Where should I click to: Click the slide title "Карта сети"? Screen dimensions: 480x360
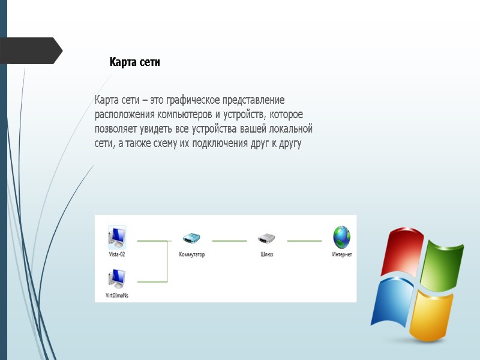pos(134,62)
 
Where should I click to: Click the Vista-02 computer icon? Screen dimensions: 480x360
pos(116,238)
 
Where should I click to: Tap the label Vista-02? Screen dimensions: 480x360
pos(116,254)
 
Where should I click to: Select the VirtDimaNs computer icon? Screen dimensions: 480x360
pos(116,279)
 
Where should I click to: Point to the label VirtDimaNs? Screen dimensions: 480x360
pos(117,295)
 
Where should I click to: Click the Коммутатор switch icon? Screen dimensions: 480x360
pos(191,238)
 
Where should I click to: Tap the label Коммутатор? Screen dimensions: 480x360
pos(192,254)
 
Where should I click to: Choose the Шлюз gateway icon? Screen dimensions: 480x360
pos(266,238)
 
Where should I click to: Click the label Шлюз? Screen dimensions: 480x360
pos(266,254)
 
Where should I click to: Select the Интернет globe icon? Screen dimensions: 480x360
pos(341,237)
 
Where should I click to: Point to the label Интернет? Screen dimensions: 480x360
pos(342,254)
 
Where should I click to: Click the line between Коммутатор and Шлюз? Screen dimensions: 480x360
pos(229,241)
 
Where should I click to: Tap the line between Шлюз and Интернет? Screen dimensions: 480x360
pos(304,241)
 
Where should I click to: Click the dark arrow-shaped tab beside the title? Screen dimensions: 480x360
pos(30,51)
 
